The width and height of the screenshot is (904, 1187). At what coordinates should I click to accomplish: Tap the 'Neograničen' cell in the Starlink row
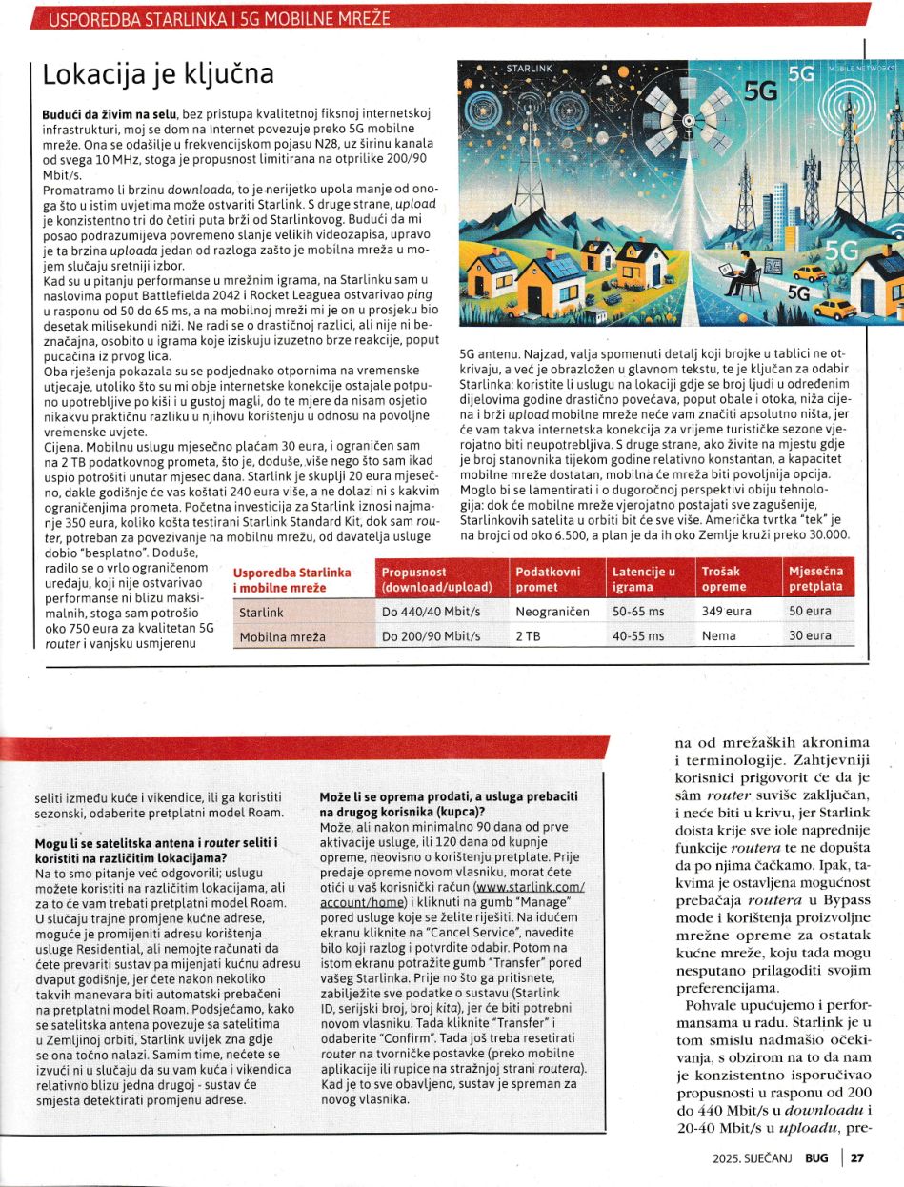(x=552, y=612)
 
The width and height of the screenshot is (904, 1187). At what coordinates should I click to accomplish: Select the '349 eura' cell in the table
(x=726, y=612)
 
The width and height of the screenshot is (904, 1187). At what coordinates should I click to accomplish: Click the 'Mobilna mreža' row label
(x=282, y=636)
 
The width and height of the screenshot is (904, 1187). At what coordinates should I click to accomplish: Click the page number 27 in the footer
(x=856, y=1158)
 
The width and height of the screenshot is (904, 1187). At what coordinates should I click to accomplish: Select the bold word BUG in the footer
(x=815, y=1158)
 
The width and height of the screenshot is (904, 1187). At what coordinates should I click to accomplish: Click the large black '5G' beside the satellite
(x=760, y=91)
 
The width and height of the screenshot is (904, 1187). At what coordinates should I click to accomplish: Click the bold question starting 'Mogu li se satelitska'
(x=154, y=851)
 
